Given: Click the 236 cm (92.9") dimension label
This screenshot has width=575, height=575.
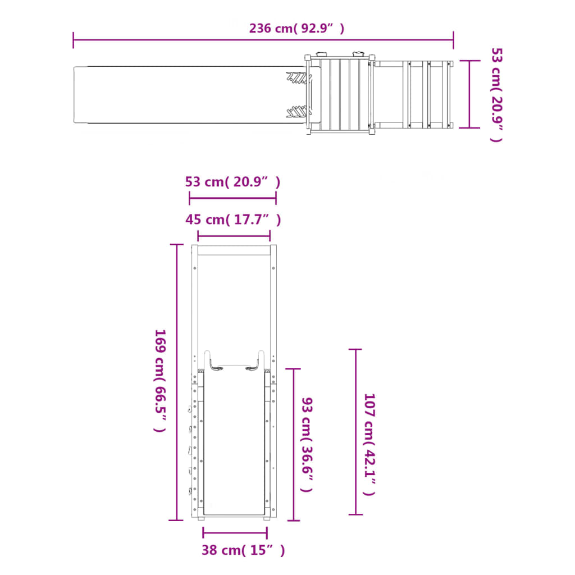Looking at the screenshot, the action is click(x=296, y=28).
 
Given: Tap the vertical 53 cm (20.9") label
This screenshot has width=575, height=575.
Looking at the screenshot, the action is click(x=496, y=94).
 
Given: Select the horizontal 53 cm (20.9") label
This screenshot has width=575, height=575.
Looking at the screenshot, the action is click(x=232, y=182).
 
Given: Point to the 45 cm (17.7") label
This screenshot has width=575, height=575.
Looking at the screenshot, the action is click(x=233, y=220).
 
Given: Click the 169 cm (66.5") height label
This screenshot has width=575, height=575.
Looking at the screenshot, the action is click(x=160, y=381).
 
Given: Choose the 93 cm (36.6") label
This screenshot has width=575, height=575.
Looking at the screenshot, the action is click(x=307, y=445).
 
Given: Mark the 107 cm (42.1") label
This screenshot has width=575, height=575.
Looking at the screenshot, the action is click(x=369, y=445).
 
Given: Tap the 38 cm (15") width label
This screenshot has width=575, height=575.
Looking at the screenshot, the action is click(x=243, y=550).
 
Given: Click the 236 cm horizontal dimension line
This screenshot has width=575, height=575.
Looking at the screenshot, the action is click(x=263, y=40).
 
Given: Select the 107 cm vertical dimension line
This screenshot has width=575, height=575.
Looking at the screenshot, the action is click(x=355, y=432).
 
